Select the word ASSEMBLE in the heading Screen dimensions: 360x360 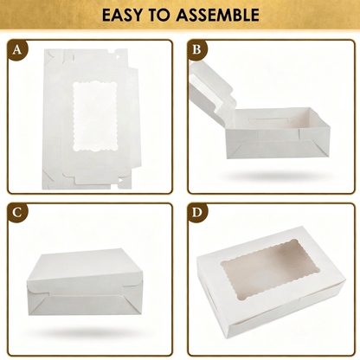point(218,15)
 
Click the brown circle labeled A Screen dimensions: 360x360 point(17,50)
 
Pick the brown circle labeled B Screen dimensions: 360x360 point(197,50)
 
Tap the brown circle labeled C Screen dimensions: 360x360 point(17,213)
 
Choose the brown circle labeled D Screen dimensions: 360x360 point(197,213)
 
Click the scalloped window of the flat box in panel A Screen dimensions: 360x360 point(95,117)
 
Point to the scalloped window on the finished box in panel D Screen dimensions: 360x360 point(270,268)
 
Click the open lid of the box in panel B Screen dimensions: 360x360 point(212,88)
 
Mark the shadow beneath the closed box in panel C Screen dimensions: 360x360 point(87,332)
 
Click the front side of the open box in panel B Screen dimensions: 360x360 point(277,143)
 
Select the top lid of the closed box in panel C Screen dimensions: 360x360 point(84,266)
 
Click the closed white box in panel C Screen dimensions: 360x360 point(86,282)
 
